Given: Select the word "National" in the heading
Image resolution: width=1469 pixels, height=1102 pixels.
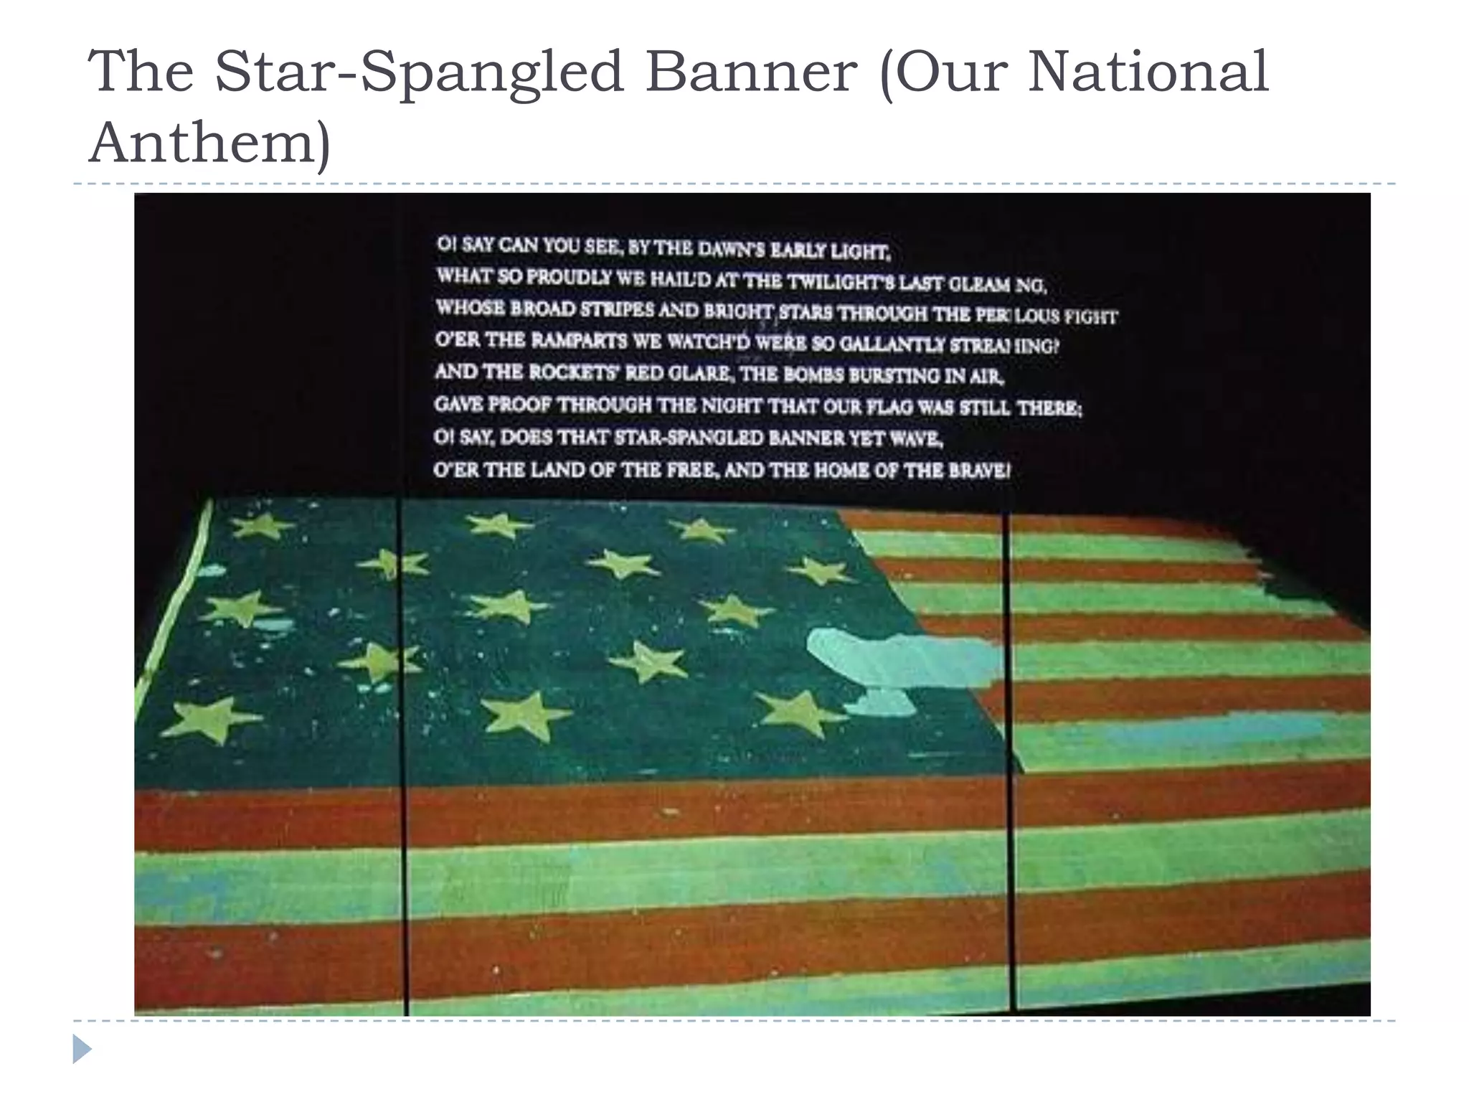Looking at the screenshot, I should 1148,72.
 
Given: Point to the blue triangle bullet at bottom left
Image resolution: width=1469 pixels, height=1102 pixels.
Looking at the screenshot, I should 82,1049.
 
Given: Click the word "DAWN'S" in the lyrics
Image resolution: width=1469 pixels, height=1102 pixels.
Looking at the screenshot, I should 731,250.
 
